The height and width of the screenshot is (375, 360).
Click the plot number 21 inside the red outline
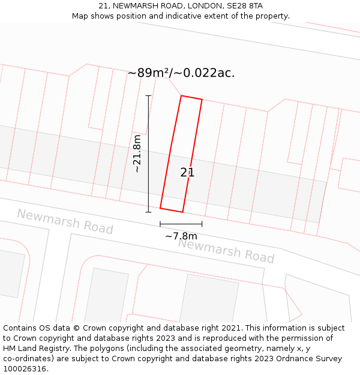tap(187, 173)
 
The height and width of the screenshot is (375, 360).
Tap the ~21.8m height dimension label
tap(137, 154)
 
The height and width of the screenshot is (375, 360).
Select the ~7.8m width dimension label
tap(181, 236)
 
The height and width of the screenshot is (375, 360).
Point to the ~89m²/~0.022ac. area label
tap(181, 73)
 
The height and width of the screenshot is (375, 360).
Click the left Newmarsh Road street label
tap(65, 221)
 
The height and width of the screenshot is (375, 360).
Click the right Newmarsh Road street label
tap(226, 251)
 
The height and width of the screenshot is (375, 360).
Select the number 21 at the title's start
tap(103, 6)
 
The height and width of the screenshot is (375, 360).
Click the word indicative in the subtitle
tap(173, 16)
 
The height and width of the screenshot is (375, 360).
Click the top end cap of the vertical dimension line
tap(148, 95)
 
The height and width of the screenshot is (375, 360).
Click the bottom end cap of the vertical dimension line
tap(148, 212)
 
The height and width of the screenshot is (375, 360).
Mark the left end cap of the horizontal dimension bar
tap(160, 224)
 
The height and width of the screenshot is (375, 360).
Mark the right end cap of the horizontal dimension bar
tap(202, 224)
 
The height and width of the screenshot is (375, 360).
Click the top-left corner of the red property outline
tap(181, 95)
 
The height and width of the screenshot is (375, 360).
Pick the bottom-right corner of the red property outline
tap(182, 212)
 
